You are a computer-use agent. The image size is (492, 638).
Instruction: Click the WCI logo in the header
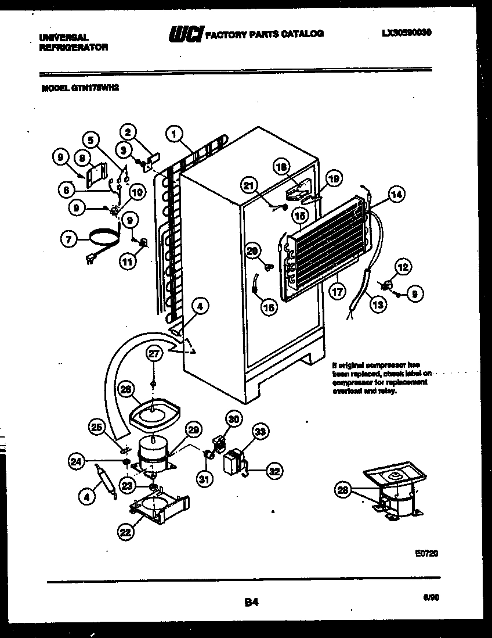(x=185, y=35)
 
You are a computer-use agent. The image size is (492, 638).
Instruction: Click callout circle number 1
(x=172, y=134)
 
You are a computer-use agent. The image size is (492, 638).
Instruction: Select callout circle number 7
(x=70, y=237)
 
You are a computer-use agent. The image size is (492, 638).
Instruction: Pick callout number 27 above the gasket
(x=153, y=354)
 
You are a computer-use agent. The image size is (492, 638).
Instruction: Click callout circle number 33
(x=261, y=432)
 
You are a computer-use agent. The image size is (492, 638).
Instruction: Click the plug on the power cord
(x=92, y=260)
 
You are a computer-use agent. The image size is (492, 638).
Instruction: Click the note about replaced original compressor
(x=381, y=378)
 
